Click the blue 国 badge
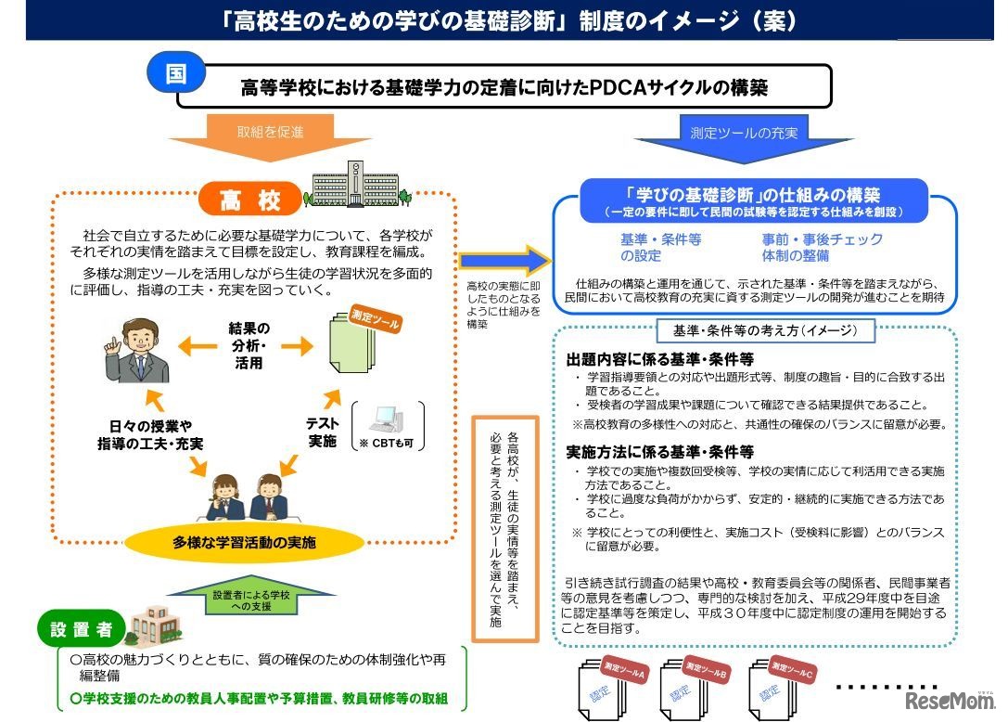coord(175,73)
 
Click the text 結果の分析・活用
coord(249,345)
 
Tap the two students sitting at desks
coord(249,496)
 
